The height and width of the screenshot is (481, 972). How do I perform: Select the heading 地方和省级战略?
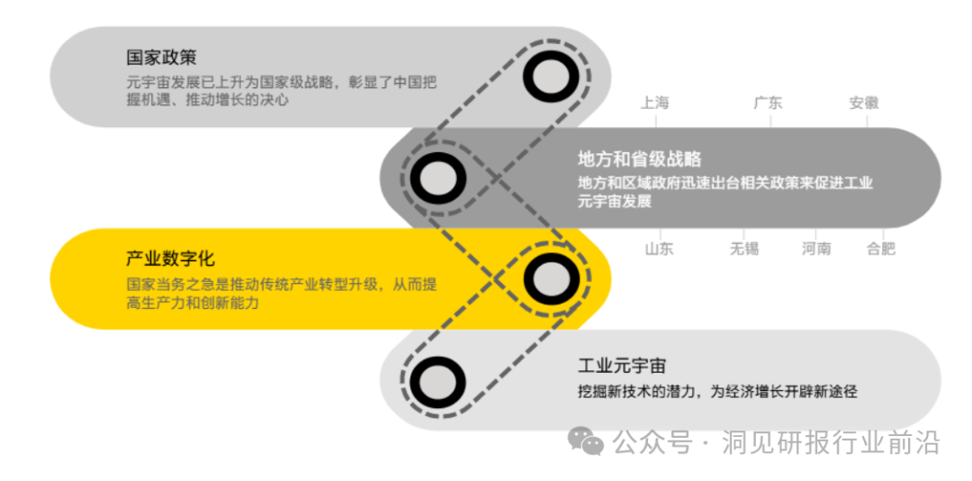(x=639, y=159)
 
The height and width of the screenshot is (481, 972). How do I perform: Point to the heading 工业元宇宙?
(x=622, y=366)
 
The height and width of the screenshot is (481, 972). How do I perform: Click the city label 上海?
(x=655, y=103)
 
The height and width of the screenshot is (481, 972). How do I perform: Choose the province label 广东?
(x=768, y=103)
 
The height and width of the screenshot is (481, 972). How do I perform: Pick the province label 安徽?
(x=863, y=103)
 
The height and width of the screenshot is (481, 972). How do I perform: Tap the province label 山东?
(x=659, y=249)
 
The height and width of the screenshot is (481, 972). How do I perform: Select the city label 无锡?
(x=744, y=249)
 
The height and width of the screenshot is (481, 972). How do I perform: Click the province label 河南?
(x=816, y=249)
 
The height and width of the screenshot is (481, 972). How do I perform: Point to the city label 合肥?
(x=881, y=249)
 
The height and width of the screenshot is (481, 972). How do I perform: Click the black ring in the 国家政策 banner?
(x=551, y=77)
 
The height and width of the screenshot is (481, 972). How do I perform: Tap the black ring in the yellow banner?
(x=551, y=278)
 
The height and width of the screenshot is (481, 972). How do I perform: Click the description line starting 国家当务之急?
(x=282, y=285)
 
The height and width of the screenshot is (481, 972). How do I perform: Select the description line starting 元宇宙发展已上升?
(x=282, y=83)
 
